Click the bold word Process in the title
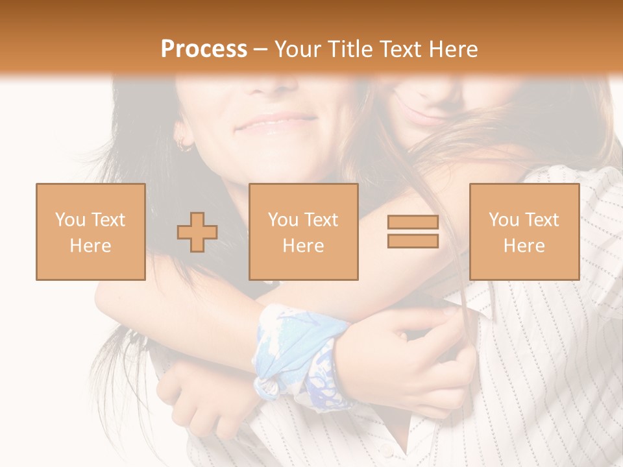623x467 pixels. click(204, 49)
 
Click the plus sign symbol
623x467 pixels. click(197, 232)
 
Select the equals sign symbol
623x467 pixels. click(413, 232)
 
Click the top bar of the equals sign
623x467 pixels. click(413, 222)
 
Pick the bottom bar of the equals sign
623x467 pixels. click(413, 241)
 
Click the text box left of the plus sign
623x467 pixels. click(91, 232)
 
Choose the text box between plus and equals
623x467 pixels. click(303, 232)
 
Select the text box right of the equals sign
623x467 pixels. click(524, 232)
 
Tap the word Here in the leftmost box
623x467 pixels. click(90, 246)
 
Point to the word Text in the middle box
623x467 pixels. click(321, 220)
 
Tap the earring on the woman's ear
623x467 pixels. click(184, 145)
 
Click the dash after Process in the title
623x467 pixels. click(260, 49)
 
